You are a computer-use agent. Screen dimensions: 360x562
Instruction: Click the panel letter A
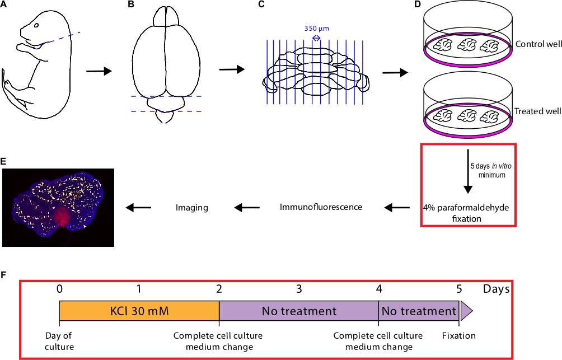click(5, 5)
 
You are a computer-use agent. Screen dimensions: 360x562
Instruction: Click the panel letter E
click(4, 161)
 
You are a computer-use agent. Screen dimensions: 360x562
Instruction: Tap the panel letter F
click(4, 275)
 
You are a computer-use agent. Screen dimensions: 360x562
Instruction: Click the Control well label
click(538, 44)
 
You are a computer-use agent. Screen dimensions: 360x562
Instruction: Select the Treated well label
click(538, 111)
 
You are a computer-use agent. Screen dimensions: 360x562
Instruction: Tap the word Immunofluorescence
click(321, 207)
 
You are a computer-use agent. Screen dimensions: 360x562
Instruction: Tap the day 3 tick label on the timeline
click(299, 289)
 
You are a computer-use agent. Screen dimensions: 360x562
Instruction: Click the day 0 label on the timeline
click(59, 289)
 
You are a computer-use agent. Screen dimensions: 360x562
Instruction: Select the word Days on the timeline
click(496, 289)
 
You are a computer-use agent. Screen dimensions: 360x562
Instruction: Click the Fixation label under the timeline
click(458, 336)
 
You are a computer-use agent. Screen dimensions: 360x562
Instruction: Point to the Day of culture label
click(59, 341)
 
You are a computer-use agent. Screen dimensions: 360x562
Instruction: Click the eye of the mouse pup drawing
click(37, 25)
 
